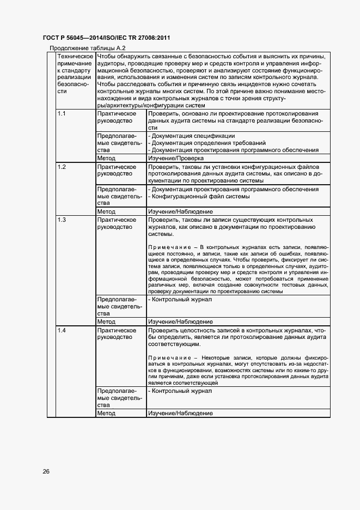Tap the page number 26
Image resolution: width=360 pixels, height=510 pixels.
pos(46,471)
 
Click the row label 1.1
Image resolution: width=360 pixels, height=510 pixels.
pos(62,113)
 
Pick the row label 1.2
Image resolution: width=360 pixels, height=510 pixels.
pos(62,167)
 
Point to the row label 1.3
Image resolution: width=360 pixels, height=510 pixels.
pos(62,220)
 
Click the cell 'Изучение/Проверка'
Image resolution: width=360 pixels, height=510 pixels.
pos(174,158)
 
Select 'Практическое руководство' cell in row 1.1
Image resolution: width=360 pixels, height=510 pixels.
pos(116,117)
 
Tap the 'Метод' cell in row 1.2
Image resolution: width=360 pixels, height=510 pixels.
pos(106,211)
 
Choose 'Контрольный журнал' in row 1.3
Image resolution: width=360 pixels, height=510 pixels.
pos(180,299)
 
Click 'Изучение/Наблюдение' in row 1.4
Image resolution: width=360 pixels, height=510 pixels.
pos(180,414)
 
